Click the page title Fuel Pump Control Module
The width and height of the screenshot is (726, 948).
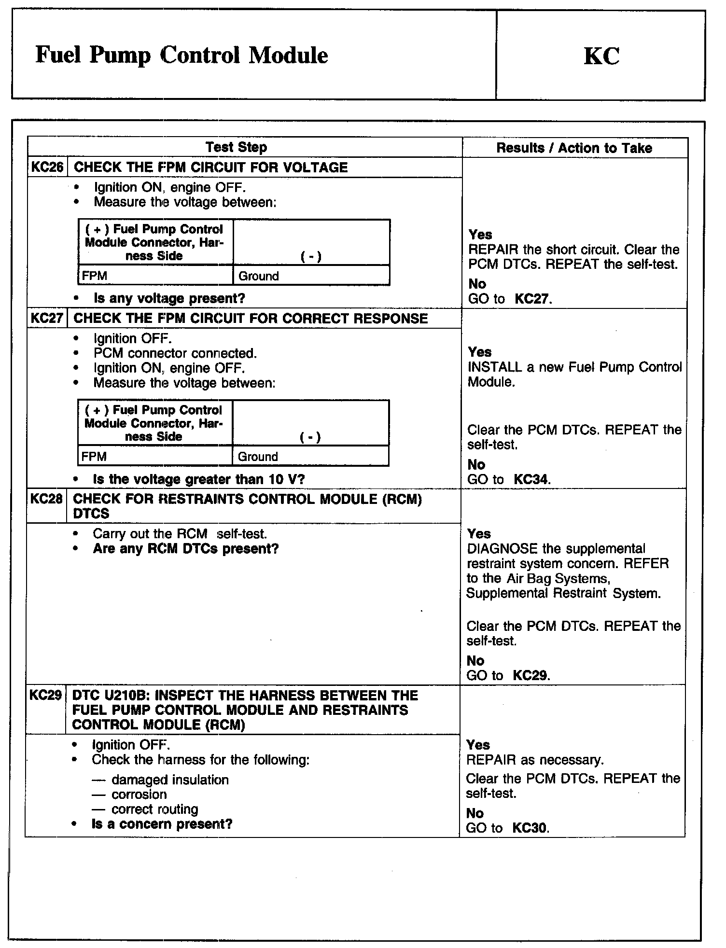(x=181, y=56)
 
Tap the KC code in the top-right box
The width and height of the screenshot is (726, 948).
(x=601, y=56)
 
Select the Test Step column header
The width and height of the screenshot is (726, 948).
(x=236, y=147)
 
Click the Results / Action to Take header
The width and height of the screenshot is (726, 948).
(x=574, y=148)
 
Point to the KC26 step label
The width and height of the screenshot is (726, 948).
(x=47, y=167)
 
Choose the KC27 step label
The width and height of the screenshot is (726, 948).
(x=47, y=319)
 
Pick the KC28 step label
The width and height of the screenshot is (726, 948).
(x=46, y=499)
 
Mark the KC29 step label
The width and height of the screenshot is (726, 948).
(x=45, y=696)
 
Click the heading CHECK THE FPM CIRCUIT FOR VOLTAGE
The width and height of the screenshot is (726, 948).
(x=210, y=167)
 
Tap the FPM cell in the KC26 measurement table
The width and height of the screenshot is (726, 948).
(x=95, y=276)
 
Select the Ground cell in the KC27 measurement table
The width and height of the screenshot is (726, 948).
(x=258, y=457)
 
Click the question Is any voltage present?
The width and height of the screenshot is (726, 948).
(x=169, y=299)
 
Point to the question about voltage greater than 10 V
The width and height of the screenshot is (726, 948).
(x=198, y=479)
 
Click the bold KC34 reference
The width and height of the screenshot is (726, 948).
(x=531, y=480)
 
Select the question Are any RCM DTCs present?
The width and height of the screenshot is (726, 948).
(x=186, y=549)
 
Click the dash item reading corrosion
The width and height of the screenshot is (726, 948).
(x=139, y=795)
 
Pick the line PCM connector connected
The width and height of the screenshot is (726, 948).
(x=175, y=353)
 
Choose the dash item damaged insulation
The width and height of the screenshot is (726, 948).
(x=170, y=780)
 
